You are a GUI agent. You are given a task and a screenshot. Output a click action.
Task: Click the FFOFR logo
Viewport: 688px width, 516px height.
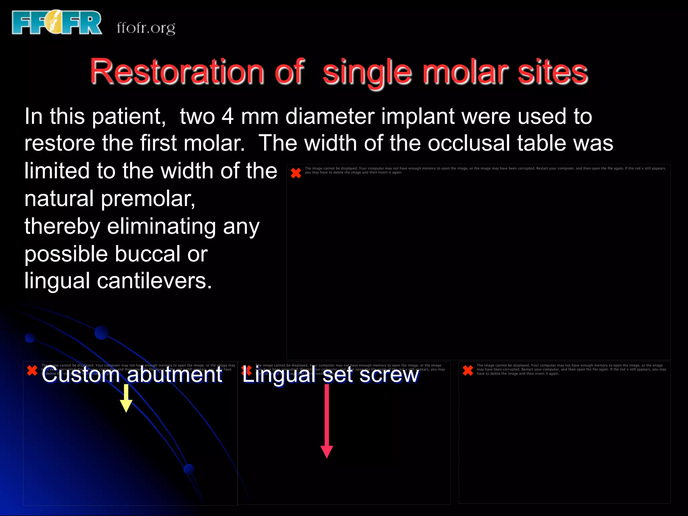(x=56, y=23)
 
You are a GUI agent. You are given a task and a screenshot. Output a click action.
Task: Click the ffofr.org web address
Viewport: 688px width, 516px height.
(x=146, y=28)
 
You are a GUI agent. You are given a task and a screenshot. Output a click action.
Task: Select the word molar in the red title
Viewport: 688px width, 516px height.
(x=465, y=72)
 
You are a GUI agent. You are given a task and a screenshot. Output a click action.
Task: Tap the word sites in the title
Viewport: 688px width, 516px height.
(x=552, y=72)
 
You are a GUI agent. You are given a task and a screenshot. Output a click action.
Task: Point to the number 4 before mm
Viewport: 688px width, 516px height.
(x=227, y=117)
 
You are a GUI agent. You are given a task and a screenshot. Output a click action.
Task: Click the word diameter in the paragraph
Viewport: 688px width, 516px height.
(x=330, y=117)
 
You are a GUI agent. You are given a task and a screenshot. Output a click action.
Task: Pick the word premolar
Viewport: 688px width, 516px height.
(x=148, y=199)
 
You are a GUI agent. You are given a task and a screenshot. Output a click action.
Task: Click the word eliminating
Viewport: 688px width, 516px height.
(x=161, y=226)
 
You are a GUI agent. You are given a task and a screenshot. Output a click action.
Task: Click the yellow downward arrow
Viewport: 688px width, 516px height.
(x=126, y=398)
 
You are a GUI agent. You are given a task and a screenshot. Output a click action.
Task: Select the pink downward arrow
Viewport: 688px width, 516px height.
(x=327, y=422)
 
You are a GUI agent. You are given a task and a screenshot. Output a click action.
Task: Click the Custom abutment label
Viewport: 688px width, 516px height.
(x=132, y=374)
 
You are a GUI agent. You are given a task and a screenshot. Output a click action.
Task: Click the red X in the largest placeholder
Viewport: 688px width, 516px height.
(x=296, y=173)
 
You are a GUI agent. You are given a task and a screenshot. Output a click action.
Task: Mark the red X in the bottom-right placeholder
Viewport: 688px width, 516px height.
(x=468, y=370)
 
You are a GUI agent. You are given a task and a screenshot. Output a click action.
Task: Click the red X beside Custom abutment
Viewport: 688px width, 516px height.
(x=32, y=371)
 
